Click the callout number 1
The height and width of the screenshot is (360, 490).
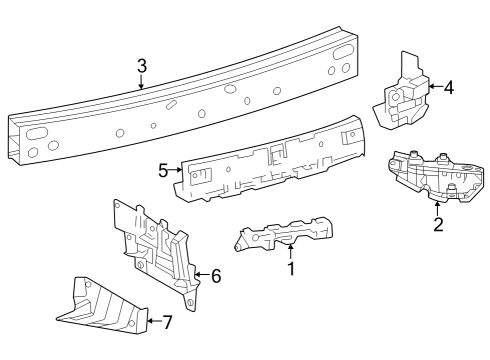click(291, 268)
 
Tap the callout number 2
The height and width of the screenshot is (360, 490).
click(438, 223)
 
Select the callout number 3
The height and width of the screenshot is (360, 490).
click(141, 66)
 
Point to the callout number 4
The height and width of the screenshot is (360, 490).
click(448, 87)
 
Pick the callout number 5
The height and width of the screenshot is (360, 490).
click(163, 170)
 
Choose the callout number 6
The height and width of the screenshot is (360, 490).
click(215, 274)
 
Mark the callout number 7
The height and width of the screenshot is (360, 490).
click(167, 322)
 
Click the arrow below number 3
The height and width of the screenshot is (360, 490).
click(141, 84)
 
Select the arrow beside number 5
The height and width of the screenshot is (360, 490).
click(177, 171)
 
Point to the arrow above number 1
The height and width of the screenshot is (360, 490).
click(291, 248)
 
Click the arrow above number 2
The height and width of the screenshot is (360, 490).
click(438, 205)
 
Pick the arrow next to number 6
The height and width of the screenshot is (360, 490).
click(199, 274)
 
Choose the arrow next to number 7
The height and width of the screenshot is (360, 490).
click(151, 322)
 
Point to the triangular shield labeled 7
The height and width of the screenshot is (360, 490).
click(100, 306)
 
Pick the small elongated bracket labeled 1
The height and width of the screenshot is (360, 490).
click(285, 234)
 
